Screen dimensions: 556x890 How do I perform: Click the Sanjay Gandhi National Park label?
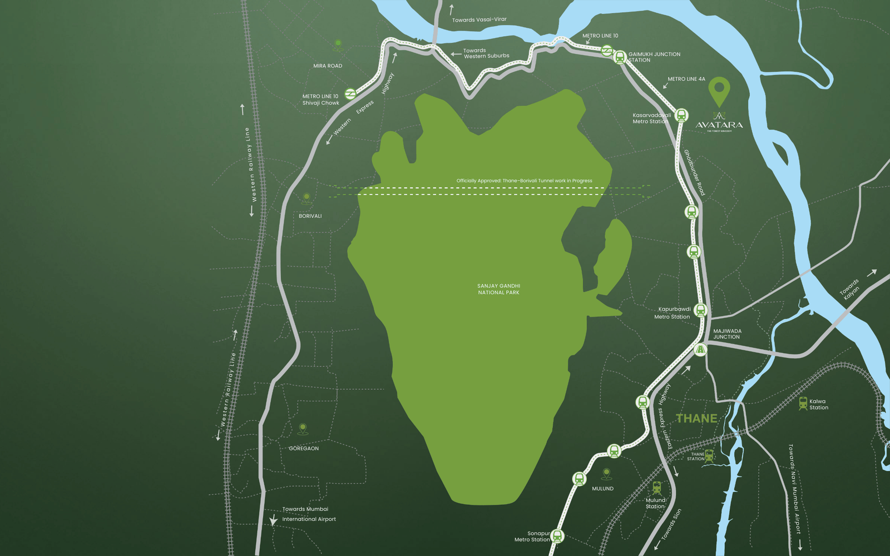(x=498, y=289)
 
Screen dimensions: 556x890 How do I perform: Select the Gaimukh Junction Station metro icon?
(x=620, y=57)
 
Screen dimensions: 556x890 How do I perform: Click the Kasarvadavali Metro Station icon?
(x=682, y=116)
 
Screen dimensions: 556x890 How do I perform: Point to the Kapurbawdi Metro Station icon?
(x=700, y=310)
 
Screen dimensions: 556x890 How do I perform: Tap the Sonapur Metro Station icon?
(x=557, y=536)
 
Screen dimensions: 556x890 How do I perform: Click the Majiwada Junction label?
(x=727, y=334)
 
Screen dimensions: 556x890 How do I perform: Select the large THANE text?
(x=696, y=419)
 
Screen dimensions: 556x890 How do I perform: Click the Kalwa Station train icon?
(x=803, y=404)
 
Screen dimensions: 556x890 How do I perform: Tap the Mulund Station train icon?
(x=657, y=488)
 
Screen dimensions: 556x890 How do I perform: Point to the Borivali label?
(x=310, y=216)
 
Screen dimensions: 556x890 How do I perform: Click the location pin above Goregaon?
(x=303, y=429)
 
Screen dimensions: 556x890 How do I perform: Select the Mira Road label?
(x=328, y=66)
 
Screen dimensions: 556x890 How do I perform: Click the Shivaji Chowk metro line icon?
(x=350, y=94)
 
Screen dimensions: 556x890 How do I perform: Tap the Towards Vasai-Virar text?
(x=479, y=19)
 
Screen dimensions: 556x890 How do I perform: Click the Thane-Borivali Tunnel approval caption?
(x=524, y=181)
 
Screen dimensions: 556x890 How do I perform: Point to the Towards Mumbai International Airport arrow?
(x=273, y=520)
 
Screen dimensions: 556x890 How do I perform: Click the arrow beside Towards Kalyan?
(x=871, y=272)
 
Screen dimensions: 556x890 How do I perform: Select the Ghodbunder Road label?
(x=694, y=172)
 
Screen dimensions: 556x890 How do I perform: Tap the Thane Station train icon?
(x=709, y=456)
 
